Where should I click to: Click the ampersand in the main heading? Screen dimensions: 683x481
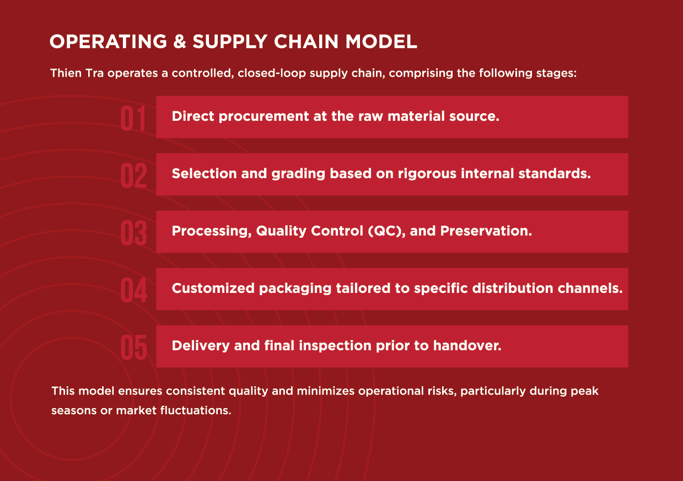(x=180, y=41)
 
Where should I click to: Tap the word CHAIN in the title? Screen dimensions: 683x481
(x=306, y=41)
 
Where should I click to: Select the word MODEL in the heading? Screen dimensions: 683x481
(x=381, y=41)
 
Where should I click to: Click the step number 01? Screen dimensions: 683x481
(x=133, y=119)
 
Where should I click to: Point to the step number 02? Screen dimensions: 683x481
(x=133, y=176)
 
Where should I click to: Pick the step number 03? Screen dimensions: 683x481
(x=133, y=233)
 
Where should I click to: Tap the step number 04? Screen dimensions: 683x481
(x=134, y=290)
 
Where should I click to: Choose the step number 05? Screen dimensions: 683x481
(x=133, y=348)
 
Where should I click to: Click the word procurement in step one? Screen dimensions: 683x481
(x=264, y=117)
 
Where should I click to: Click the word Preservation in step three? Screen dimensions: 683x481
(x=486, y=231)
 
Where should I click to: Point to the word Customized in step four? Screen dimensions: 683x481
(x=213, y=288)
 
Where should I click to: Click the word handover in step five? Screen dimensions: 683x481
(x=467, y=346)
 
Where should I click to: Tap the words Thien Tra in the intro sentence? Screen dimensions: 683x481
(x=77, y=73)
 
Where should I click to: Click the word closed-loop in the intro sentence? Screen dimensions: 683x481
(x=272, y=73)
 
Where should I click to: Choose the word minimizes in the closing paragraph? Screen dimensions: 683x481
(x=326, y=391)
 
